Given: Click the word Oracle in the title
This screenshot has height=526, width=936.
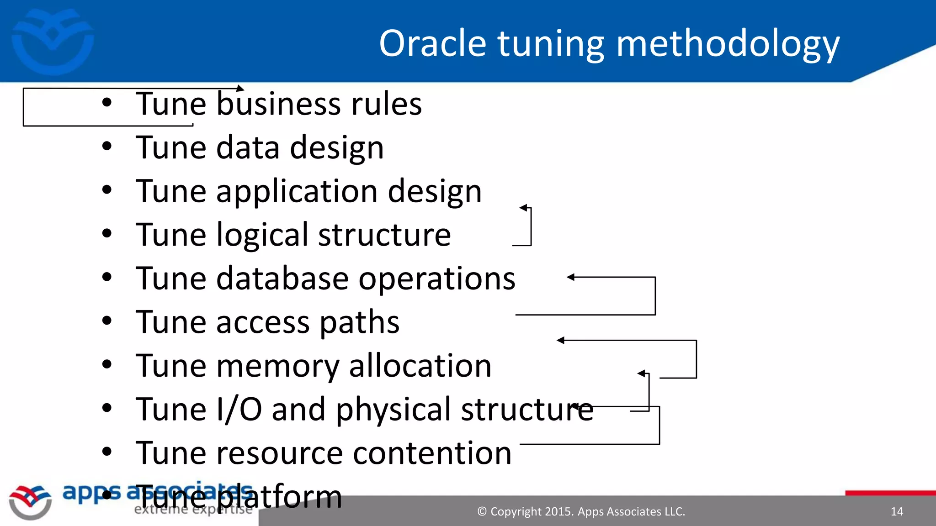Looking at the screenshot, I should click(x=432, y=43).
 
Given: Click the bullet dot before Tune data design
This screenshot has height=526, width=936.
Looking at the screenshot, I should click(x=107, y=147).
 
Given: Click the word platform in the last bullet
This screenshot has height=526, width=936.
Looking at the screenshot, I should click(x=279, y=497).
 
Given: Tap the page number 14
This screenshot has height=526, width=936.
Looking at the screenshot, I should click(x=897, y=511).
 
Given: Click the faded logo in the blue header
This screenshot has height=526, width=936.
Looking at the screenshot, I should click(x=53, y=41).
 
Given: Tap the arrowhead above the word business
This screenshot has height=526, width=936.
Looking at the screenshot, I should click(x=240, y=89).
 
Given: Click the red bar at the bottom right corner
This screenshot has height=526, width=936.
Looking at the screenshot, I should click(x=890, y=493).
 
